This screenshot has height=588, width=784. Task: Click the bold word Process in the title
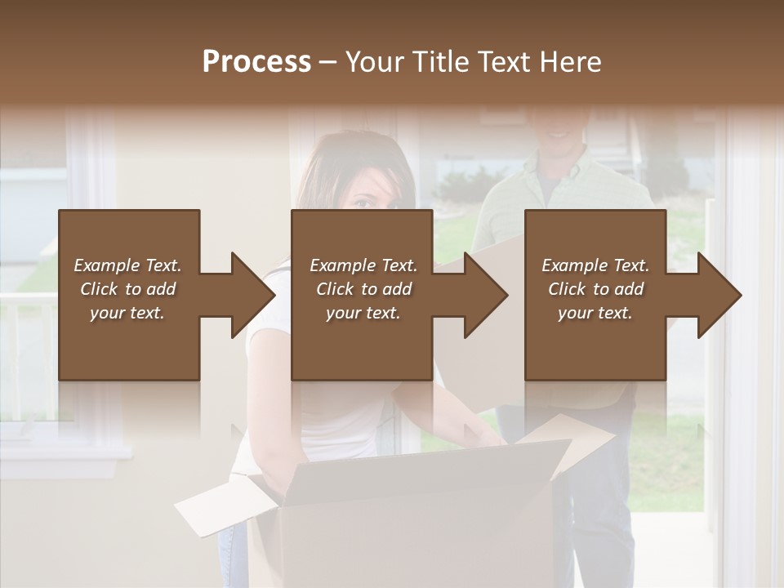pyautogui.click(x=256, y=61)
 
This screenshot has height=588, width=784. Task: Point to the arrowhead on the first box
pyautogui.click(x=253, y=295)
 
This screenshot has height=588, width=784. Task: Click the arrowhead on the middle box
pyautogui.click(x=486, y=295)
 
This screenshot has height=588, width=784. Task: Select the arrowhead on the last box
pyautogui.click(x=719, y=295)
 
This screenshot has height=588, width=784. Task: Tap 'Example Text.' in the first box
pyautogui.click(x=127, y=265)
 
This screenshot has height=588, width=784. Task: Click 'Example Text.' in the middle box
pyautogui.click(x=363, y=265)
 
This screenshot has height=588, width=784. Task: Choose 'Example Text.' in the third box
pyautogui.click(x=595, y=265)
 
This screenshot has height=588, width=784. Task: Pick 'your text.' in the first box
pyautogui.click(x=127, y=314)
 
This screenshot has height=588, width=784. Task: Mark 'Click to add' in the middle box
pyautogui.click(x=363, y=289)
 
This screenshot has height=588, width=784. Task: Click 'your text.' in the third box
pyautogui.click(x=595, y=314)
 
